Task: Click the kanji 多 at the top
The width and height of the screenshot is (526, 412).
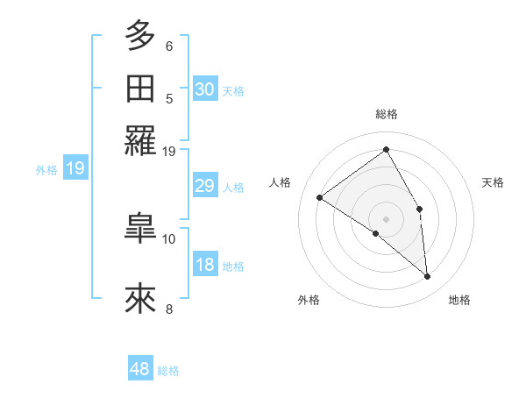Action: [x=140, y=37]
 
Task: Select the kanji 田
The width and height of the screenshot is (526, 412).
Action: [x=140, y=89]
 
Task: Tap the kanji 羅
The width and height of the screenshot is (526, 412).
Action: [x=140, y=141]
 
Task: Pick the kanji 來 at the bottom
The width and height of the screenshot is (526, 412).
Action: [x=140, y=299]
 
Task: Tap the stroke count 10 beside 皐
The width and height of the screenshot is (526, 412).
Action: [x=169, y=238]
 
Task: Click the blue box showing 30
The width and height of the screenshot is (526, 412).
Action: [x=204, y=89]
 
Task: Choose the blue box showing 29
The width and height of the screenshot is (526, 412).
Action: [x=204, y=186]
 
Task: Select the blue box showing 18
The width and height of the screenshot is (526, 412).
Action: [x=204, y=266]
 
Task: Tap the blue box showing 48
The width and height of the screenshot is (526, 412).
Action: [x=140, y=369]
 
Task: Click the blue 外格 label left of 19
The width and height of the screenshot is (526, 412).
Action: [x=46, y=170]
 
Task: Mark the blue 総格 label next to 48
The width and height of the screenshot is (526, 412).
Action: [x=168, y=371]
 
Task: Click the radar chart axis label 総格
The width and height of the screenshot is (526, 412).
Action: [x=387, y=114]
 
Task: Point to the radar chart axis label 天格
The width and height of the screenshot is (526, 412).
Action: [x=493, y=182]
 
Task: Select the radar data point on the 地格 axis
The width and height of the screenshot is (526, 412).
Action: [x=428, y=277]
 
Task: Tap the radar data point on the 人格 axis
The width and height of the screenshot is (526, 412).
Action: [x=320, y=197]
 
